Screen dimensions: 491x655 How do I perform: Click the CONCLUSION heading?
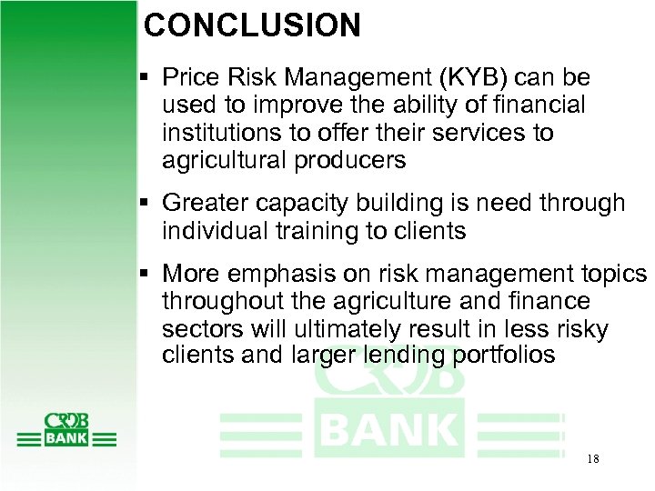[x=252, y=25]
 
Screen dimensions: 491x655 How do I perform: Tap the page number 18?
[x=592, y=459]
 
